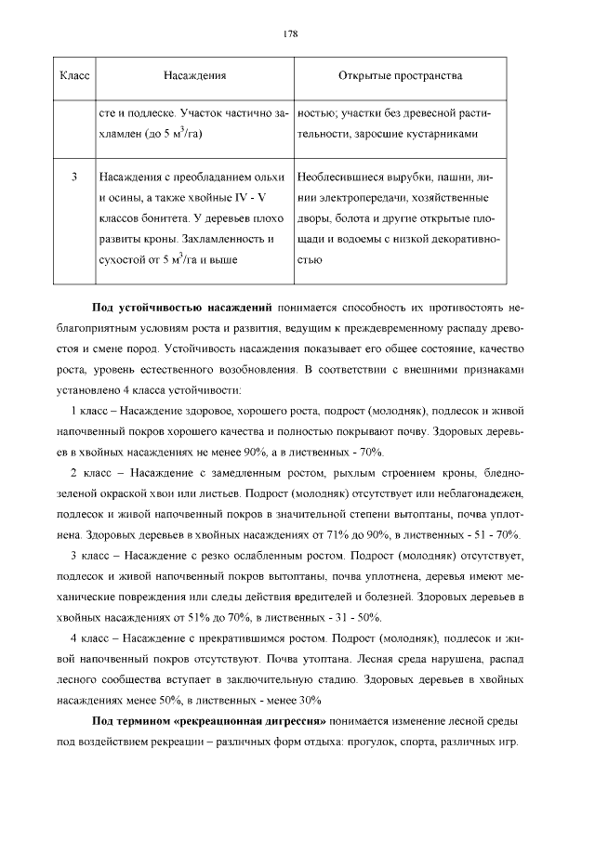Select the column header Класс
(x=73, y=74)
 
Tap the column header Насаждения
(x=195, y=74)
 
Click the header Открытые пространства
(x=401, y=74)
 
